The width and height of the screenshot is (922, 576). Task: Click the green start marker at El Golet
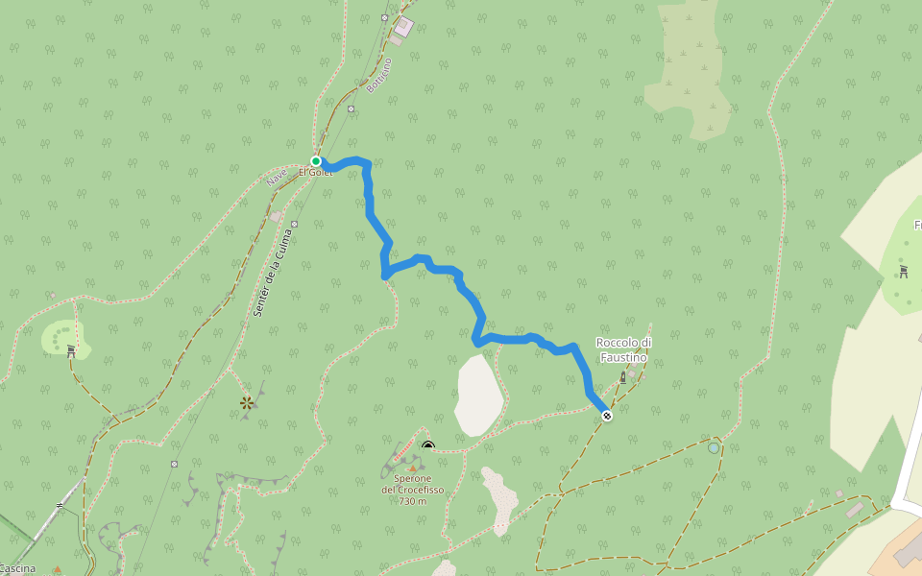pyautogui.click(x=315, y=161)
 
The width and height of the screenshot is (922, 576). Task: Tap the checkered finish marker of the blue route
pyautogui.click(x=607, y=415)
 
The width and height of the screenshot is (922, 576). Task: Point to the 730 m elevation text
pyautogui.click(x=413, y=501)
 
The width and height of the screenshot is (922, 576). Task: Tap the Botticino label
pyautogui.click(x=379, y=75)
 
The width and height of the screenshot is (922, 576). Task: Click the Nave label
pyautogui.click(x=278, y=177)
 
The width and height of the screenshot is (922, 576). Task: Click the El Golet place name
pyautogui.click(x=315, y=173)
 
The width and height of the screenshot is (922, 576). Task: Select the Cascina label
pyautogui.click(x=18, y=568)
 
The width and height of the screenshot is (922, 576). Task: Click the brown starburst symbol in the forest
pyautogui.click(x=247, y=404)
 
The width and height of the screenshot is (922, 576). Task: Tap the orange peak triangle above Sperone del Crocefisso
pyautogui.click(x=413, y=469)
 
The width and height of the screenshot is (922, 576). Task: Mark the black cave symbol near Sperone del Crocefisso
pyautogui.click(x=428, y=445)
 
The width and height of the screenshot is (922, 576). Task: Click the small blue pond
pyautogui.click(x=713, y=447)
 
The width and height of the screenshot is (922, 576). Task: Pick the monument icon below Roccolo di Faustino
pyautogui.click(x=622, y=376)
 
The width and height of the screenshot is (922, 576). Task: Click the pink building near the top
pyautogui.click(x=402, y=26)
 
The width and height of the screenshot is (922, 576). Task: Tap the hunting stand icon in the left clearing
pyautogui.click(x=72, y=350)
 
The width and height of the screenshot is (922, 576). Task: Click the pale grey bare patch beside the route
pyautogui.click(x=478, y=394)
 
